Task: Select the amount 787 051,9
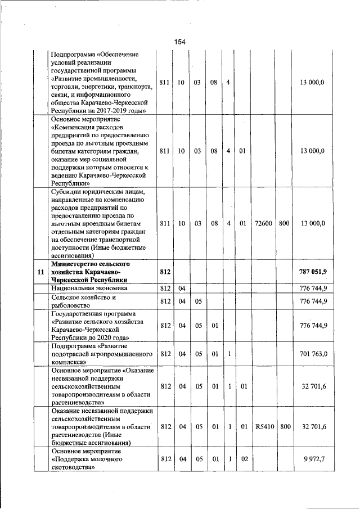[x=313, y=272]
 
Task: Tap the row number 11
[x=40, y=272]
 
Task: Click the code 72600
[x=263, y=223]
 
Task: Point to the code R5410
[x=263, y=427]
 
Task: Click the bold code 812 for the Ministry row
[x=165, y=272]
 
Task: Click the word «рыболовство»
[x=73, y=304]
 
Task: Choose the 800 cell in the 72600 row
[x=284, y=223]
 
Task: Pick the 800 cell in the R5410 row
[x=285, y=427]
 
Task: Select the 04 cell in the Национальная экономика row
[x=182, y=288]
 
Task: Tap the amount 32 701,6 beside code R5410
[x=314, y=427]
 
